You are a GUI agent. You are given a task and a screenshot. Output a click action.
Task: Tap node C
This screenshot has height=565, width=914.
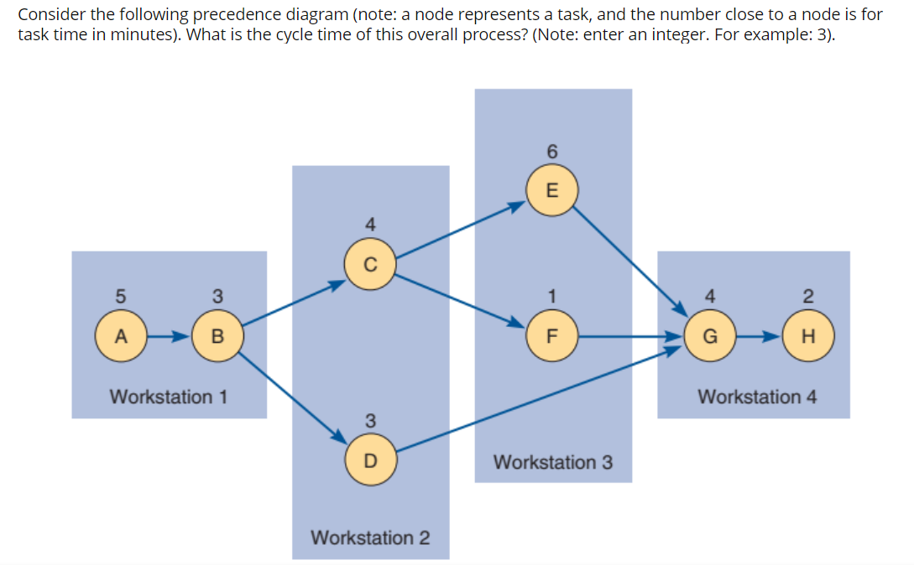tap(369, 265)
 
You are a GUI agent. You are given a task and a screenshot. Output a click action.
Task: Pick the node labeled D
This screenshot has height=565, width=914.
tap(369, 460)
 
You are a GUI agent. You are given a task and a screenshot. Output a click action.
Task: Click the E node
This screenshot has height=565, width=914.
tap(551, 189)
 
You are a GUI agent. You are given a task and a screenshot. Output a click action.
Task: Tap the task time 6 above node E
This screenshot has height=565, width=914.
tap(551, 152)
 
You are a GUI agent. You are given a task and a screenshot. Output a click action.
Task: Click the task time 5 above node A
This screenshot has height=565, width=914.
tap(120, 295)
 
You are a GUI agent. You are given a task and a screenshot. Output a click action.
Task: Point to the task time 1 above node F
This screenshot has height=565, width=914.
tap(551, 295)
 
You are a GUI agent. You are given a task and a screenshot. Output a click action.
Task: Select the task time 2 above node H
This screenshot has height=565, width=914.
tap(808, 295)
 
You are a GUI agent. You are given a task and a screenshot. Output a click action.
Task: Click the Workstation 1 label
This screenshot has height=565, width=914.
tap(169, 396)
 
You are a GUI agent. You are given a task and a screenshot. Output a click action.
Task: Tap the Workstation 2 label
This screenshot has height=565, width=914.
tap(370, 536)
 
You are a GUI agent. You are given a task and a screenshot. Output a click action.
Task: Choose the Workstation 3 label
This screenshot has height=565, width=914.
tap(553, 462)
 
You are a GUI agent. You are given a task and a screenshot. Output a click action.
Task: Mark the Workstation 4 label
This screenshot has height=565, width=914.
tap(757, 396)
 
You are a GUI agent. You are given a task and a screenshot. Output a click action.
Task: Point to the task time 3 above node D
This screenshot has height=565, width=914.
tap(369, 419)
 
